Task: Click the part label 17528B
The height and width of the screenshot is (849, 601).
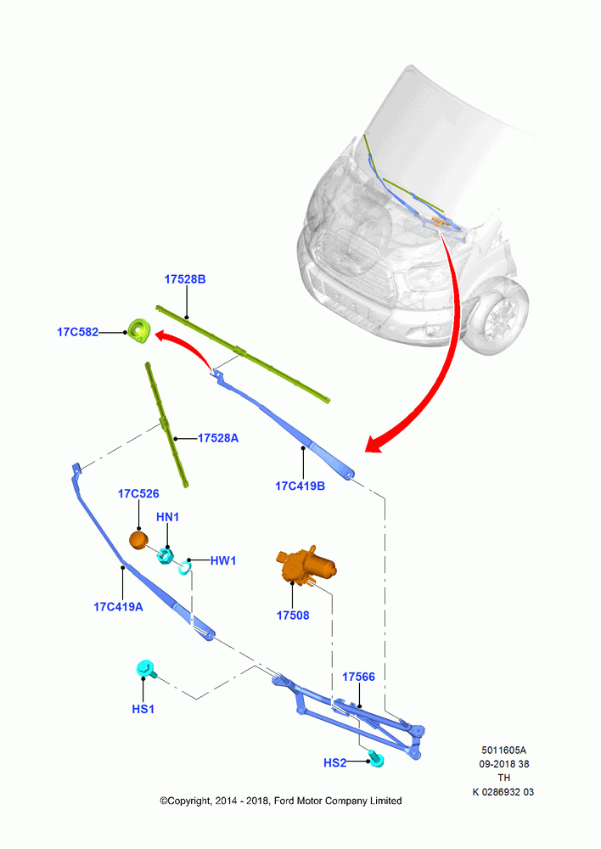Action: click(185, 279)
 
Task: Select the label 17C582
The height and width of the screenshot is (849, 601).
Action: click(78, 332)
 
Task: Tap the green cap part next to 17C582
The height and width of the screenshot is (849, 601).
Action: click(139, 330)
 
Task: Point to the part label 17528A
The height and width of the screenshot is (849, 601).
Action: click(217, 438)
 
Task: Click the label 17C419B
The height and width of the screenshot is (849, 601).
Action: click(300, 486)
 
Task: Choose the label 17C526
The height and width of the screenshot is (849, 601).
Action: click(138, 494)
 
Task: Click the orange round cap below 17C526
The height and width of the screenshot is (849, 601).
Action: click(139, 540)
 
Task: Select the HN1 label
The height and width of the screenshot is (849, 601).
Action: click(167, 517)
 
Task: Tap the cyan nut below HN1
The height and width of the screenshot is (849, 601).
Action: click(166, 555)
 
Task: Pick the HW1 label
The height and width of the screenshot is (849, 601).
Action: click(223, 561)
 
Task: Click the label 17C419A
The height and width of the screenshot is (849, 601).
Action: click(118, 607)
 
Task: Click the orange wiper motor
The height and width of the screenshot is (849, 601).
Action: click(305, 565)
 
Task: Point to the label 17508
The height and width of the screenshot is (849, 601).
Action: click(293, 616)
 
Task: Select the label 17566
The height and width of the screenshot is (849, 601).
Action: click(358, 677)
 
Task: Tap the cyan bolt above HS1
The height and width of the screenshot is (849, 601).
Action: click(146, 669)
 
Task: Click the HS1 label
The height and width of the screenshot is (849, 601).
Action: click(143, 709)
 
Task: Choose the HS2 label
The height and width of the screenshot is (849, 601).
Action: click(334, 763)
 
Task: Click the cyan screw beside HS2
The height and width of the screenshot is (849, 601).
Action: click(376, 758)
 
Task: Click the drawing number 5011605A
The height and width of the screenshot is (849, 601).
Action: click(503, 751)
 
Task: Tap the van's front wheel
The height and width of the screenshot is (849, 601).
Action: click(500, 316)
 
